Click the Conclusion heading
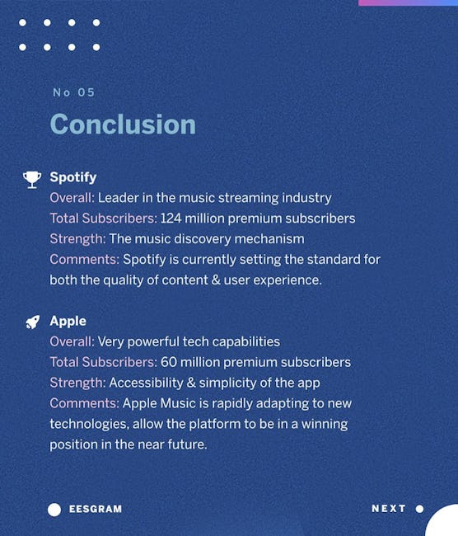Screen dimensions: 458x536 123,124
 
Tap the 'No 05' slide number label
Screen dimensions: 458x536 74,92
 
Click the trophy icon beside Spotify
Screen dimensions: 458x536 32,180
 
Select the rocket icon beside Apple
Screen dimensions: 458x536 33,322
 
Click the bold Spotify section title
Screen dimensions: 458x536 73,177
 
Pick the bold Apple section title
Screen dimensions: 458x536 68,322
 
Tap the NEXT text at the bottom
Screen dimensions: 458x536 389,509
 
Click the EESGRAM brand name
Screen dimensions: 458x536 96,509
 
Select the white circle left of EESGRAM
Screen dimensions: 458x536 54,510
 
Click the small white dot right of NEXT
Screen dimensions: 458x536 420,509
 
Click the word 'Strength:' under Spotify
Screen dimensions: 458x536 78,239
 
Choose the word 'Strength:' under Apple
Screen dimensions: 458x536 78,383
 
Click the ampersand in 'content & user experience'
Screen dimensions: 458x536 216,280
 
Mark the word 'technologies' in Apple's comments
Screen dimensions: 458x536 90,425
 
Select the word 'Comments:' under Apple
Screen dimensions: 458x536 84,403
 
